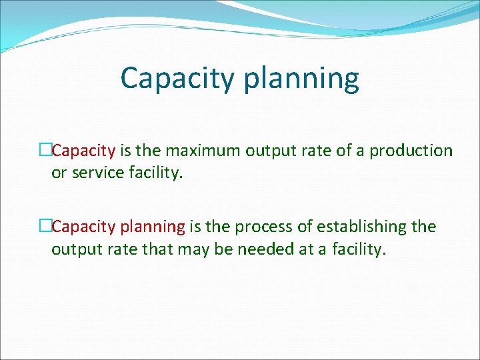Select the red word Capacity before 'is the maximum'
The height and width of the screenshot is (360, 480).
[83, 151]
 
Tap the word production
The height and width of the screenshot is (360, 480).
[411, 151]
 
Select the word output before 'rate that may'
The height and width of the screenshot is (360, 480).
[75, 250]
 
